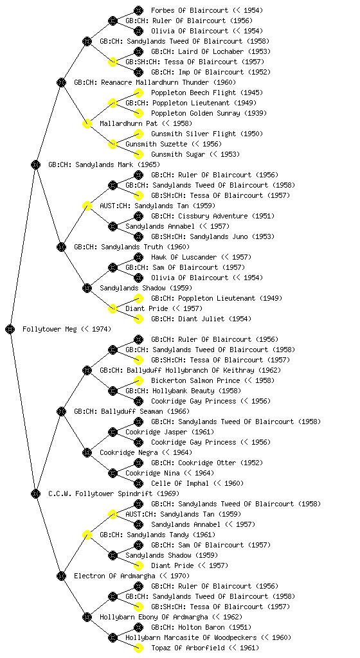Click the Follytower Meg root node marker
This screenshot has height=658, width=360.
(x=10, y=329)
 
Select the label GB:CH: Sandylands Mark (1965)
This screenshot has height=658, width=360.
(x=104, y=164)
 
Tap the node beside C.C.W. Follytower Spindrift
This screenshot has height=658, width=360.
(x=35, y=493)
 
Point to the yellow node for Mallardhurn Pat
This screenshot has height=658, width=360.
(x=87, y=123)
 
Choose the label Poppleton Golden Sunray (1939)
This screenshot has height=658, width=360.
(x=209, y=113)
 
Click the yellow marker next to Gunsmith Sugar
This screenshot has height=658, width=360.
(x=138, y=154)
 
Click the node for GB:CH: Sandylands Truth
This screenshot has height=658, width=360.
(x=61, y=247)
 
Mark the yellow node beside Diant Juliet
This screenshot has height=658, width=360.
(x=138, y=319)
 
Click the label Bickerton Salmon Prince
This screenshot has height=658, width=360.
(x=195, y=380)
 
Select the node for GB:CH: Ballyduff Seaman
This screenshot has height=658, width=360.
(x=61, y=411)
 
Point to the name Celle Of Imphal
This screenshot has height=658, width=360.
(x=180, y=483)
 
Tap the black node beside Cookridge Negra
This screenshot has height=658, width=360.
(x=87, y=452)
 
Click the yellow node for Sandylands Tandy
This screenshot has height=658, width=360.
(x=87, y=535)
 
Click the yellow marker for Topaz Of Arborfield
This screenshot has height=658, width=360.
(x=138, y=648)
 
